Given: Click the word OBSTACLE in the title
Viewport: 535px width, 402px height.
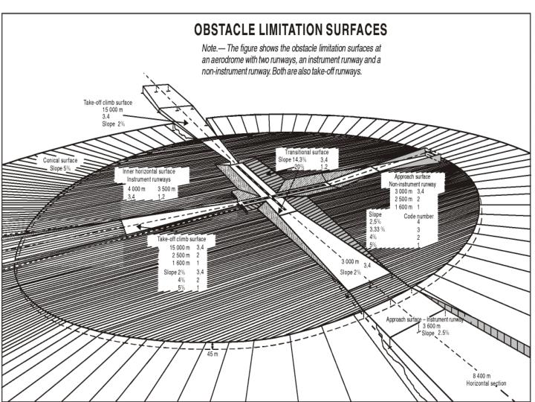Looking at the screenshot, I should pyautogui.click(x=227, y=31).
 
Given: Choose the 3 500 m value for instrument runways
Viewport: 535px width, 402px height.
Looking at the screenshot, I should pyautogui.click(x=169, y=189).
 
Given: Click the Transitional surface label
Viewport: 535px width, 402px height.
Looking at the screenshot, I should pyautogui.click(x=307, y=152).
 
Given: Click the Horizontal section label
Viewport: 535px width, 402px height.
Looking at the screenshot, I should pyautogui.click(x=486, y=383).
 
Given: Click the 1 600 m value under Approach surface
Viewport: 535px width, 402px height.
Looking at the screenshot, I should pyautogui.click(x=398, y=205).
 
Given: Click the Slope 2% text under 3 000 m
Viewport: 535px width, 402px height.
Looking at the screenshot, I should pyautogui.click(x=351, y=272).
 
